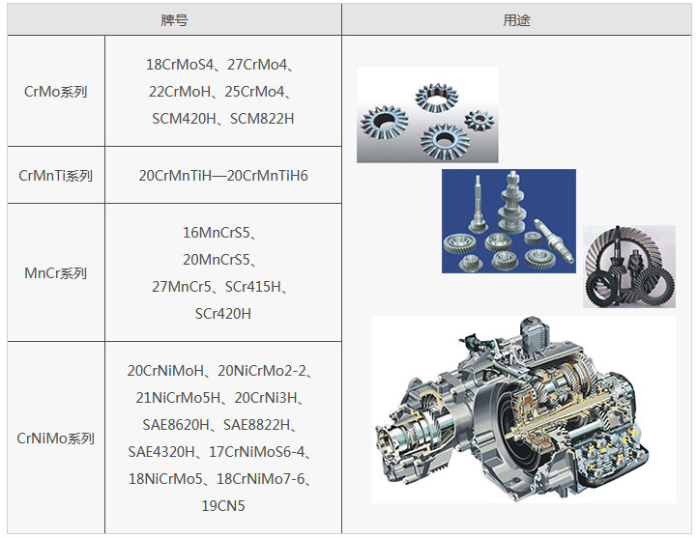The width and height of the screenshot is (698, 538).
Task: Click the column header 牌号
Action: point(174,20)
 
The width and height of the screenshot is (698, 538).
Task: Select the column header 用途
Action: point(516,20)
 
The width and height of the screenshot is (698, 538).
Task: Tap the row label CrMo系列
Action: point(56,92)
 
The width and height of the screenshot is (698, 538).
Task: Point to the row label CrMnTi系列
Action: point(56,176)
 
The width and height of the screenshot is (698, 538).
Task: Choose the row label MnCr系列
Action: point(56,273)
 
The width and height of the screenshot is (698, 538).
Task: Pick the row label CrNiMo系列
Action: point(56,439)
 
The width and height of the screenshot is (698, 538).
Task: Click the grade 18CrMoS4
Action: point(180,65)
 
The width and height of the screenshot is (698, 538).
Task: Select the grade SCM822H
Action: point(262,119)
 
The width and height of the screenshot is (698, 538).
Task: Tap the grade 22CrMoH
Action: point(180,92)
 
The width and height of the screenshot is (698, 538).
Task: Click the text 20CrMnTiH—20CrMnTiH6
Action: point(223,176)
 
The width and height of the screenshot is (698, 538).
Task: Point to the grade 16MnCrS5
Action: point(217,233)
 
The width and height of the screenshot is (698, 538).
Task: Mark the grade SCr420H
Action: point(223,314)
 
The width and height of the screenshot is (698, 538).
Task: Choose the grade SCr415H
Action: point(253,287)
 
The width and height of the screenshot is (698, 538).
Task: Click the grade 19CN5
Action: point(223,506)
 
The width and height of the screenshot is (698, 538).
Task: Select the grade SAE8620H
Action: point(176,425)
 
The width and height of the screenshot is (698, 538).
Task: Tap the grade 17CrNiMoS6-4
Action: point(257,452)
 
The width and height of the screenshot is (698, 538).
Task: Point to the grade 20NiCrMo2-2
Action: point(262,371)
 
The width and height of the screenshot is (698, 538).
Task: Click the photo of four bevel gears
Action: point(427,115)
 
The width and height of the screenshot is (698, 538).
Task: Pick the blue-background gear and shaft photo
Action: point(509,221)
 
